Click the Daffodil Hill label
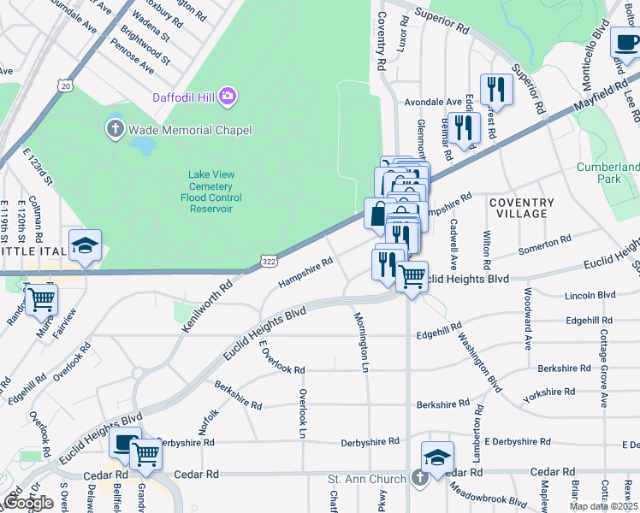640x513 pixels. pyautogui.click(x=186, y=97)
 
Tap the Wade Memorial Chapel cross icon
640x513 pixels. pyautogui.click(x=115, y=129)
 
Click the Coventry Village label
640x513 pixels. pyautogui.click(x=522, y=209)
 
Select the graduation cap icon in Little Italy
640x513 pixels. pyautogui.click(x=86, y=245)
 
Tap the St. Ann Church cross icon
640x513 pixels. pyautogui.click(x=419, y=477)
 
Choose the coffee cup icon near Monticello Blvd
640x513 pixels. pyautogui.click(x=626, y=42)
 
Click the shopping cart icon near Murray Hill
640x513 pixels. pyautogui.click(x=40, y=300)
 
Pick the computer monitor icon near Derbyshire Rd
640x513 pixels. pyautogui.click(x=124, y=442)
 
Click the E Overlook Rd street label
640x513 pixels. pyautogui.click(x=280, y=358)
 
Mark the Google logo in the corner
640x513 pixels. pyautogui.click(x=28, y=502)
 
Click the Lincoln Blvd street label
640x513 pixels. pyautogui.click(x=590, y=295)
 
